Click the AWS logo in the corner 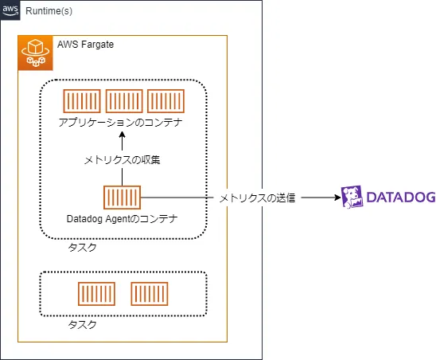tap(10, 10)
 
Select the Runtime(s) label tap(49, 11)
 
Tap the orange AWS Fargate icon tap(35, 53)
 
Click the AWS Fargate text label tap(86, 45)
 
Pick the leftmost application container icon tap(82, 101)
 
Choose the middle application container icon tap(124, 101)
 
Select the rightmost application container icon tap(165, 101)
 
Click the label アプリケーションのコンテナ tap(120, 122)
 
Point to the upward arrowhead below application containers tap(122, 135)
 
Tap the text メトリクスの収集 tap(122, 160)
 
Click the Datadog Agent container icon tap(122, 198)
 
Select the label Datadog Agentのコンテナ tap(122, 219)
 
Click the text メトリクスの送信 tap(257, 198)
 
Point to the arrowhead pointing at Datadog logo tap(337, 198)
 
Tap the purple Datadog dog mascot tap(352, 197)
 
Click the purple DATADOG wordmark tap(401, 197)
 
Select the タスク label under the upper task tap(82, 247)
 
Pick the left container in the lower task tap(96, 294)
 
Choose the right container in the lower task tap(150, 294)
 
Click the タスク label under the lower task tap(82, 325)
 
